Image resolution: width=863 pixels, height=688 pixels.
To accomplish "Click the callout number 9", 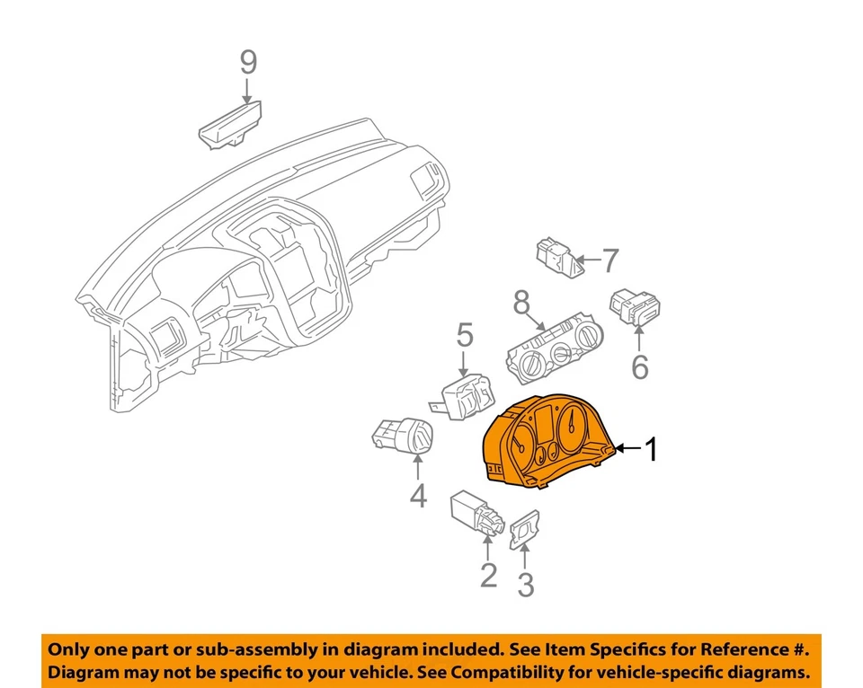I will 248,62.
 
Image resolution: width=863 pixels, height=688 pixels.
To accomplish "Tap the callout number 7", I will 609,260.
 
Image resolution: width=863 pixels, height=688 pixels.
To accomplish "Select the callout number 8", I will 521,304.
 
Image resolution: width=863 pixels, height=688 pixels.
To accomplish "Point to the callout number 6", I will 639,367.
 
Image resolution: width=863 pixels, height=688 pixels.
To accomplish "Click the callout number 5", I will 464,336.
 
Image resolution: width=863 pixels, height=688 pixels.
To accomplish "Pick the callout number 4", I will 419,495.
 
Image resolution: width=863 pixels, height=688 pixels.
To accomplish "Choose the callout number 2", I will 488,575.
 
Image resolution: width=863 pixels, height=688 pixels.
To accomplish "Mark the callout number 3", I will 526,585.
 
